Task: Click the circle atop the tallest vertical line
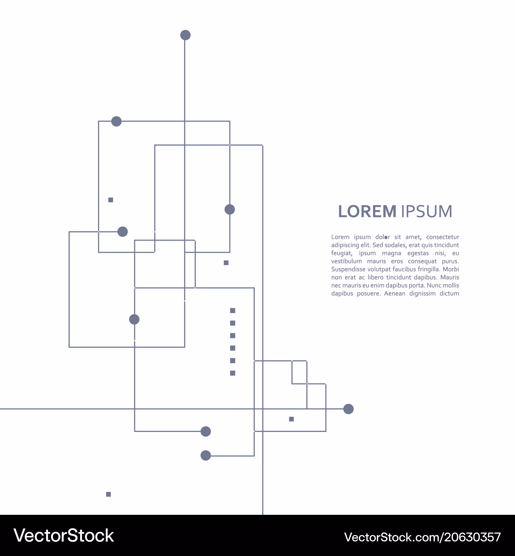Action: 185,35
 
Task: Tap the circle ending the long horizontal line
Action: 348,409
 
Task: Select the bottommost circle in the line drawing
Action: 206,455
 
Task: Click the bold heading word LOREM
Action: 367,212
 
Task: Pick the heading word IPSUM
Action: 426,212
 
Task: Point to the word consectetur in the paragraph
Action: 443,237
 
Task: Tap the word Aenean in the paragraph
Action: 394,294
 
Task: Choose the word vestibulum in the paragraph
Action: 346,261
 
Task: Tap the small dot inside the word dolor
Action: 386,238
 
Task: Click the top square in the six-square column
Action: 233,311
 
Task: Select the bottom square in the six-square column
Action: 233,373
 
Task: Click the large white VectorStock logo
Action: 64,535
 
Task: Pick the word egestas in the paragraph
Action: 418,253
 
